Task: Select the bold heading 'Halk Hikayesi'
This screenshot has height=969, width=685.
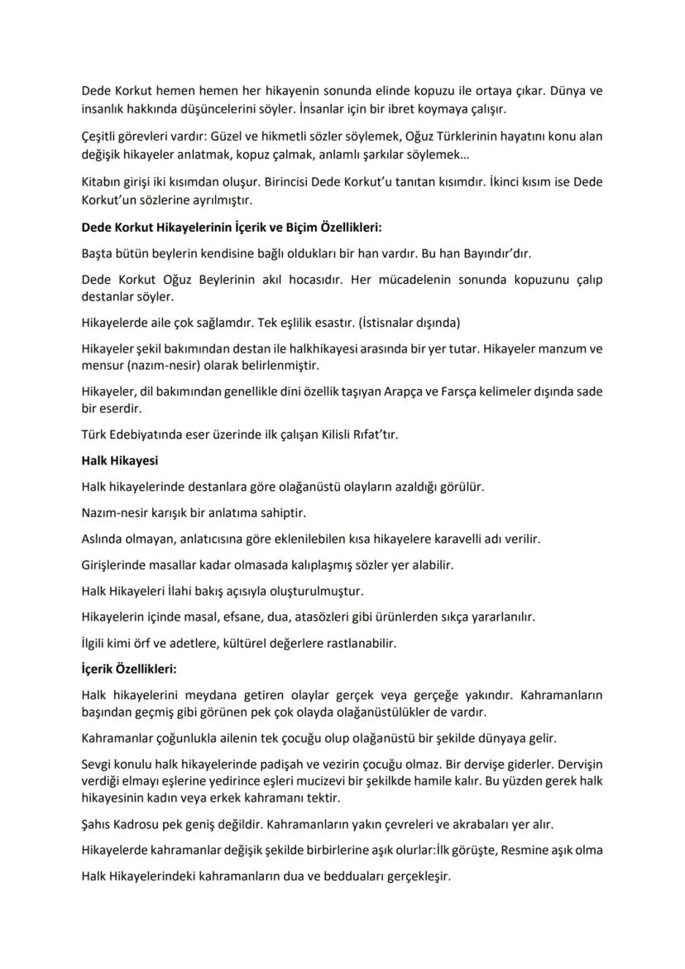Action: tap(119, 460)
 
